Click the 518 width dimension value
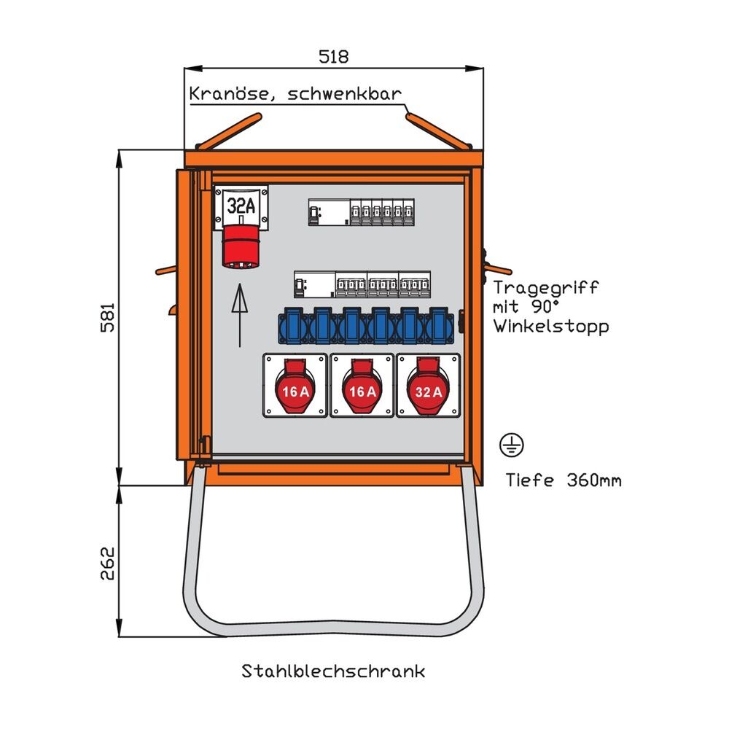click(x=334, y=56)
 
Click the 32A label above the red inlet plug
click(x=241, y=206)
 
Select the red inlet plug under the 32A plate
click(x=240, y=248)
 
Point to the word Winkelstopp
click(x=550, y=327)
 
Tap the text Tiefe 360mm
click(x=564, y=480)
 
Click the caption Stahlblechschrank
click(x=333, y=671)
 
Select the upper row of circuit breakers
click(x=357, y=212)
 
